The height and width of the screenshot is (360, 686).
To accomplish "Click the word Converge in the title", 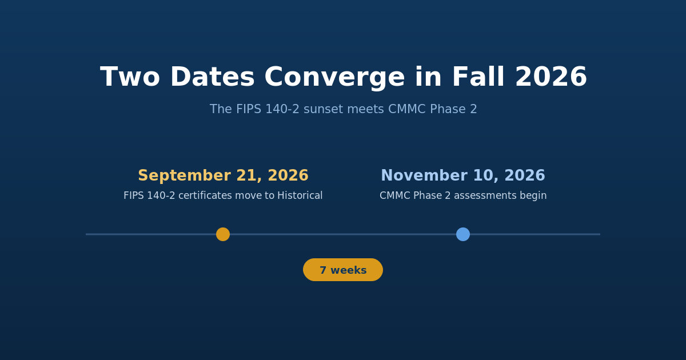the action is [x=334, y=78].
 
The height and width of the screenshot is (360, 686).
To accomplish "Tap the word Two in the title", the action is [x=130, y=77].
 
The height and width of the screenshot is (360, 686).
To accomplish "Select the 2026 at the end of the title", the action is [x=551, y=77].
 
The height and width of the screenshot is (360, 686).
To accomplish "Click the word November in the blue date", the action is [x=424, y=176].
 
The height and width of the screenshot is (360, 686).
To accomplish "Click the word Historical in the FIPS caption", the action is [x=300, y=195].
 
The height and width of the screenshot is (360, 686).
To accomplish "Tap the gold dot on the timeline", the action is [x=223, y=234].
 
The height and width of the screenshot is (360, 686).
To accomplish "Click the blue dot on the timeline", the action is [x=463, y=234].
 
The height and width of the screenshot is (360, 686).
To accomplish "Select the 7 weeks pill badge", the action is [x=343, y=270].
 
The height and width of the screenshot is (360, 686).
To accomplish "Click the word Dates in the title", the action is [x=212, y=77].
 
